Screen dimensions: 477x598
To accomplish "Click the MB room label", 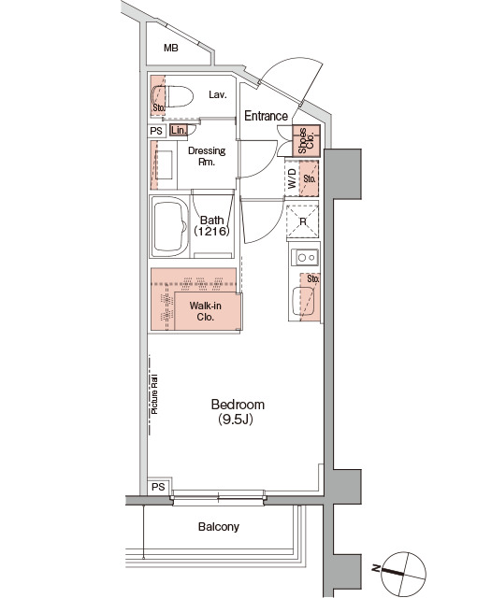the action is (x=171, y=48).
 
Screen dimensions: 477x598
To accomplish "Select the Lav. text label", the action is (x=218, y=94).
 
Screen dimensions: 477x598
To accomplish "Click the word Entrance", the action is (x=266, y=116).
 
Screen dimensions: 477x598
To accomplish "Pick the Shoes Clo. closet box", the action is (x=306, y=141).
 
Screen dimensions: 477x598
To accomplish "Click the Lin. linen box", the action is (x=179, y=131).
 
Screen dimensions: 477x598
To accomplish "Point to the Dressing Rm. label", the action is (x=207, y=156).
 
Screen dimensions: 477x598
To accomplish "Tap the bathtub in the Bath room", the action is (x=170, y=227).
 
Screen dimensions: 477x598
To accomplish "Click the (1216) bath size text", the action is (x=211, y=231).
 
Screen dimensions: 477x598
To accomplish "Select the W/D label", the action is (x=292, y=178).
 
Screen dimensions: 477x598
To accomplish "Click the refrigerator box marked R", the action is (x=303, y=221).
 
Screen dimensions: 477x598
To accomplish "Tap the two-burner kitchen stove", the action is (x=305, y=258).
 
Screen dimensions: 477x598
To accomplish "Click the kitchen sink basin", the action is (x=303, y=301).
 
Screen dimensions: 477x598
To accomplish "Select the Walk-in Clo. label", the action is (x=206, y=311).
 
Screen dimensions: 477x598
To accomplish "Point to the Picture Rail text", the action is (x=154, y=394).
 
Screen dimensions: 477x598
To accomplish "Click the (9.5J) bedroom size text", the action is (x=236, y=420).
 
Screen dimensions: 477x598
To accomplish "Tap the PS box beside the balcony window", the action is (x=159, y=487).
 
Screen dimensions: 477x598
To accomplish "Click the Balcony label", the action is (x=219, y=527).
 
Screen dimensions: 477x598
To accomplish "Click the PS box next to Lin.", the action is (x=156, y=131).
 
